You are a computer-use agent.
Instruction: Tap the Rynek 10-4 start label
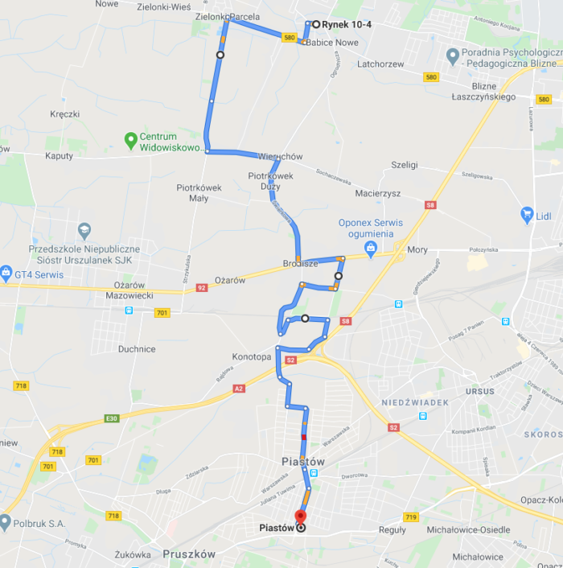pos(347,24)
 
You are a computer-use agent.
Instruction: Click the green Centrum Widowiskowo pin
pos(130,141)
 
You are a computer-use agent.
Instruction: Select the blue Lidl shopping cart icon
pos(527,215)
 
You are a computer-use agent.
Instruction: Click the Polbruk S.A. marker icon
pos(6,522)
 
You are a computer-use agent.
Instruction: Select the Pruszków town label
pos(189,554)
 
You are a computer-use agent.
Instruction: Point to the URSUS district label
pos(480,392)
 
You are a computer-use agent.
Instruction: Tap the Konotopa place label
pos(252,356)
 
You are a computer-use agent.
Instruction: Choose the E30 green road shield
pos(112,418)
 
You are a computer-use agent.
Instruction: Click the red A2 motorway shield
pos(239,389)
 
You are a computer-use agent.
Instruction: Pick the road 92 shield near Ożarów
pos(201,287)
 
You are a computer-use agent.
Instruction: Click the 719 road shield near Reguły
pos(412,517)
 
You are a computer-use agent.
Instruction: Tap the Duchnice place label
pos(137,349)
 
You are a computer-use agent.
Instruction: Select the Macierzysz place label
pos(378,193)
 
